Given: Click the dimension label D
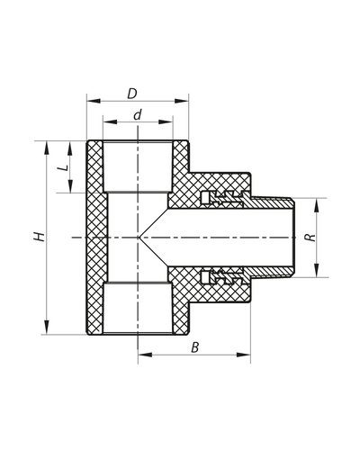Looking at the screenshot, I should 131,94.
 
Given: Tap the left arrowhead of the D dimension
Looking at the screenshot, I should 90,103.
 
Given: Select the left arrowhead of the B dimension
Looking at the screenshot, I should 142,355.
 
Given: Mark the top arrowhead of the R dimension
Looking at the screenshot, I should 318,202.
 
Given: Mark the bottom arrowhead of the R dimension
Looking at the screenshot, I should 318,274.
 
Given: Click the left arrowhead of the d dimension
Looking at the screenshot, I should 107,122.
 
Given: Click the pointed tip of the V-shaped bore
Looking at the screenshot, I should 139,238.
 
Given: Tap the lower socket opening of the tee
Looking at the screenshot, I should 138,334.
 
